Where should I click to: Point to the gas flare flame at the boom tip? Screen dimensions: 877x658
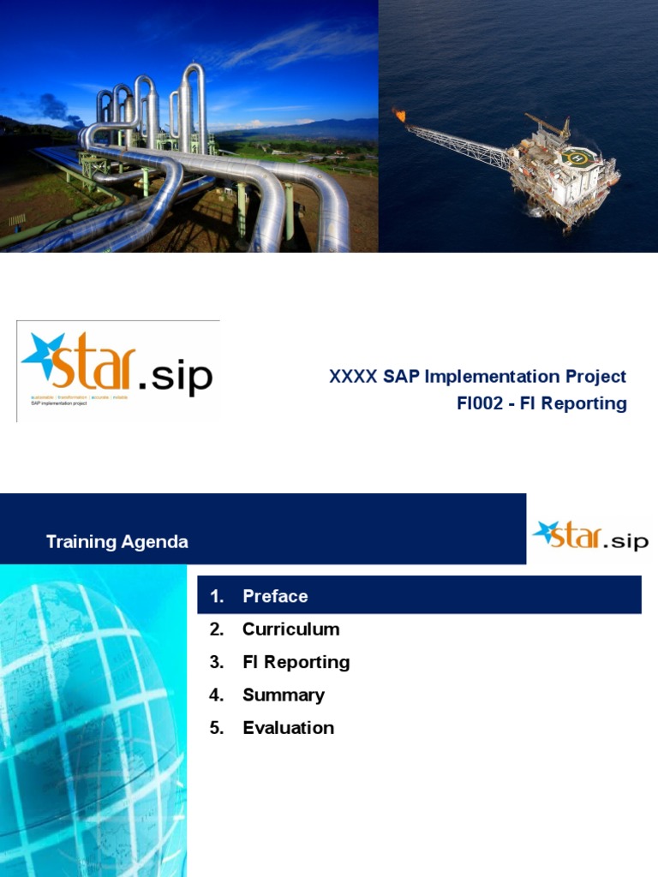(x=399, y=114)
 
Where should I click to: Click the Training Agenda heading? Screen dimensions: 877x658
(x=117, y=542)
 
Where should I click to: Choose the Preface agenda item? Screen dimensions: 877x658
(x=275, y=596)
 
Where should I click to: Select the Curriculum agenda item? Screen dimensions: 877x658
(x=290, y=629)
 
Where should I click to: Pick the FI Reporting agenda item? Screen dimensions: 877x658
(x=296, y=662)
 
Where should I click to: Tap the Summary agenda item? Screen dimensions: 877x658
(x=283, y=695)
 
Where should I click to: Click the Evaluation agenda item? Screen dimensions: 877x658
(x=288, y=728)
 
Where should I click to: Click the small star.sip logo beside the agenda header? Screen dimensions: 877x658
(x=590, y=537)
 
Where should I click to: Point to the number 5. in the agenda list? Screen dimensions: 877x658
(x=216, y=728)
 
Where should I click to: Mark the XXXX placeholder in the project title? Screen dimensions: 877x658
(x=352, y=377)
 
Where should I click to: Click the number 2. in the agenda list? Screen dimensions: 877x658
(x=216, y=629)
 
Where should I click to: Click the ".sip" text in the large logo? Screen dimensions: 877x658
(x=176, y=375)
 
